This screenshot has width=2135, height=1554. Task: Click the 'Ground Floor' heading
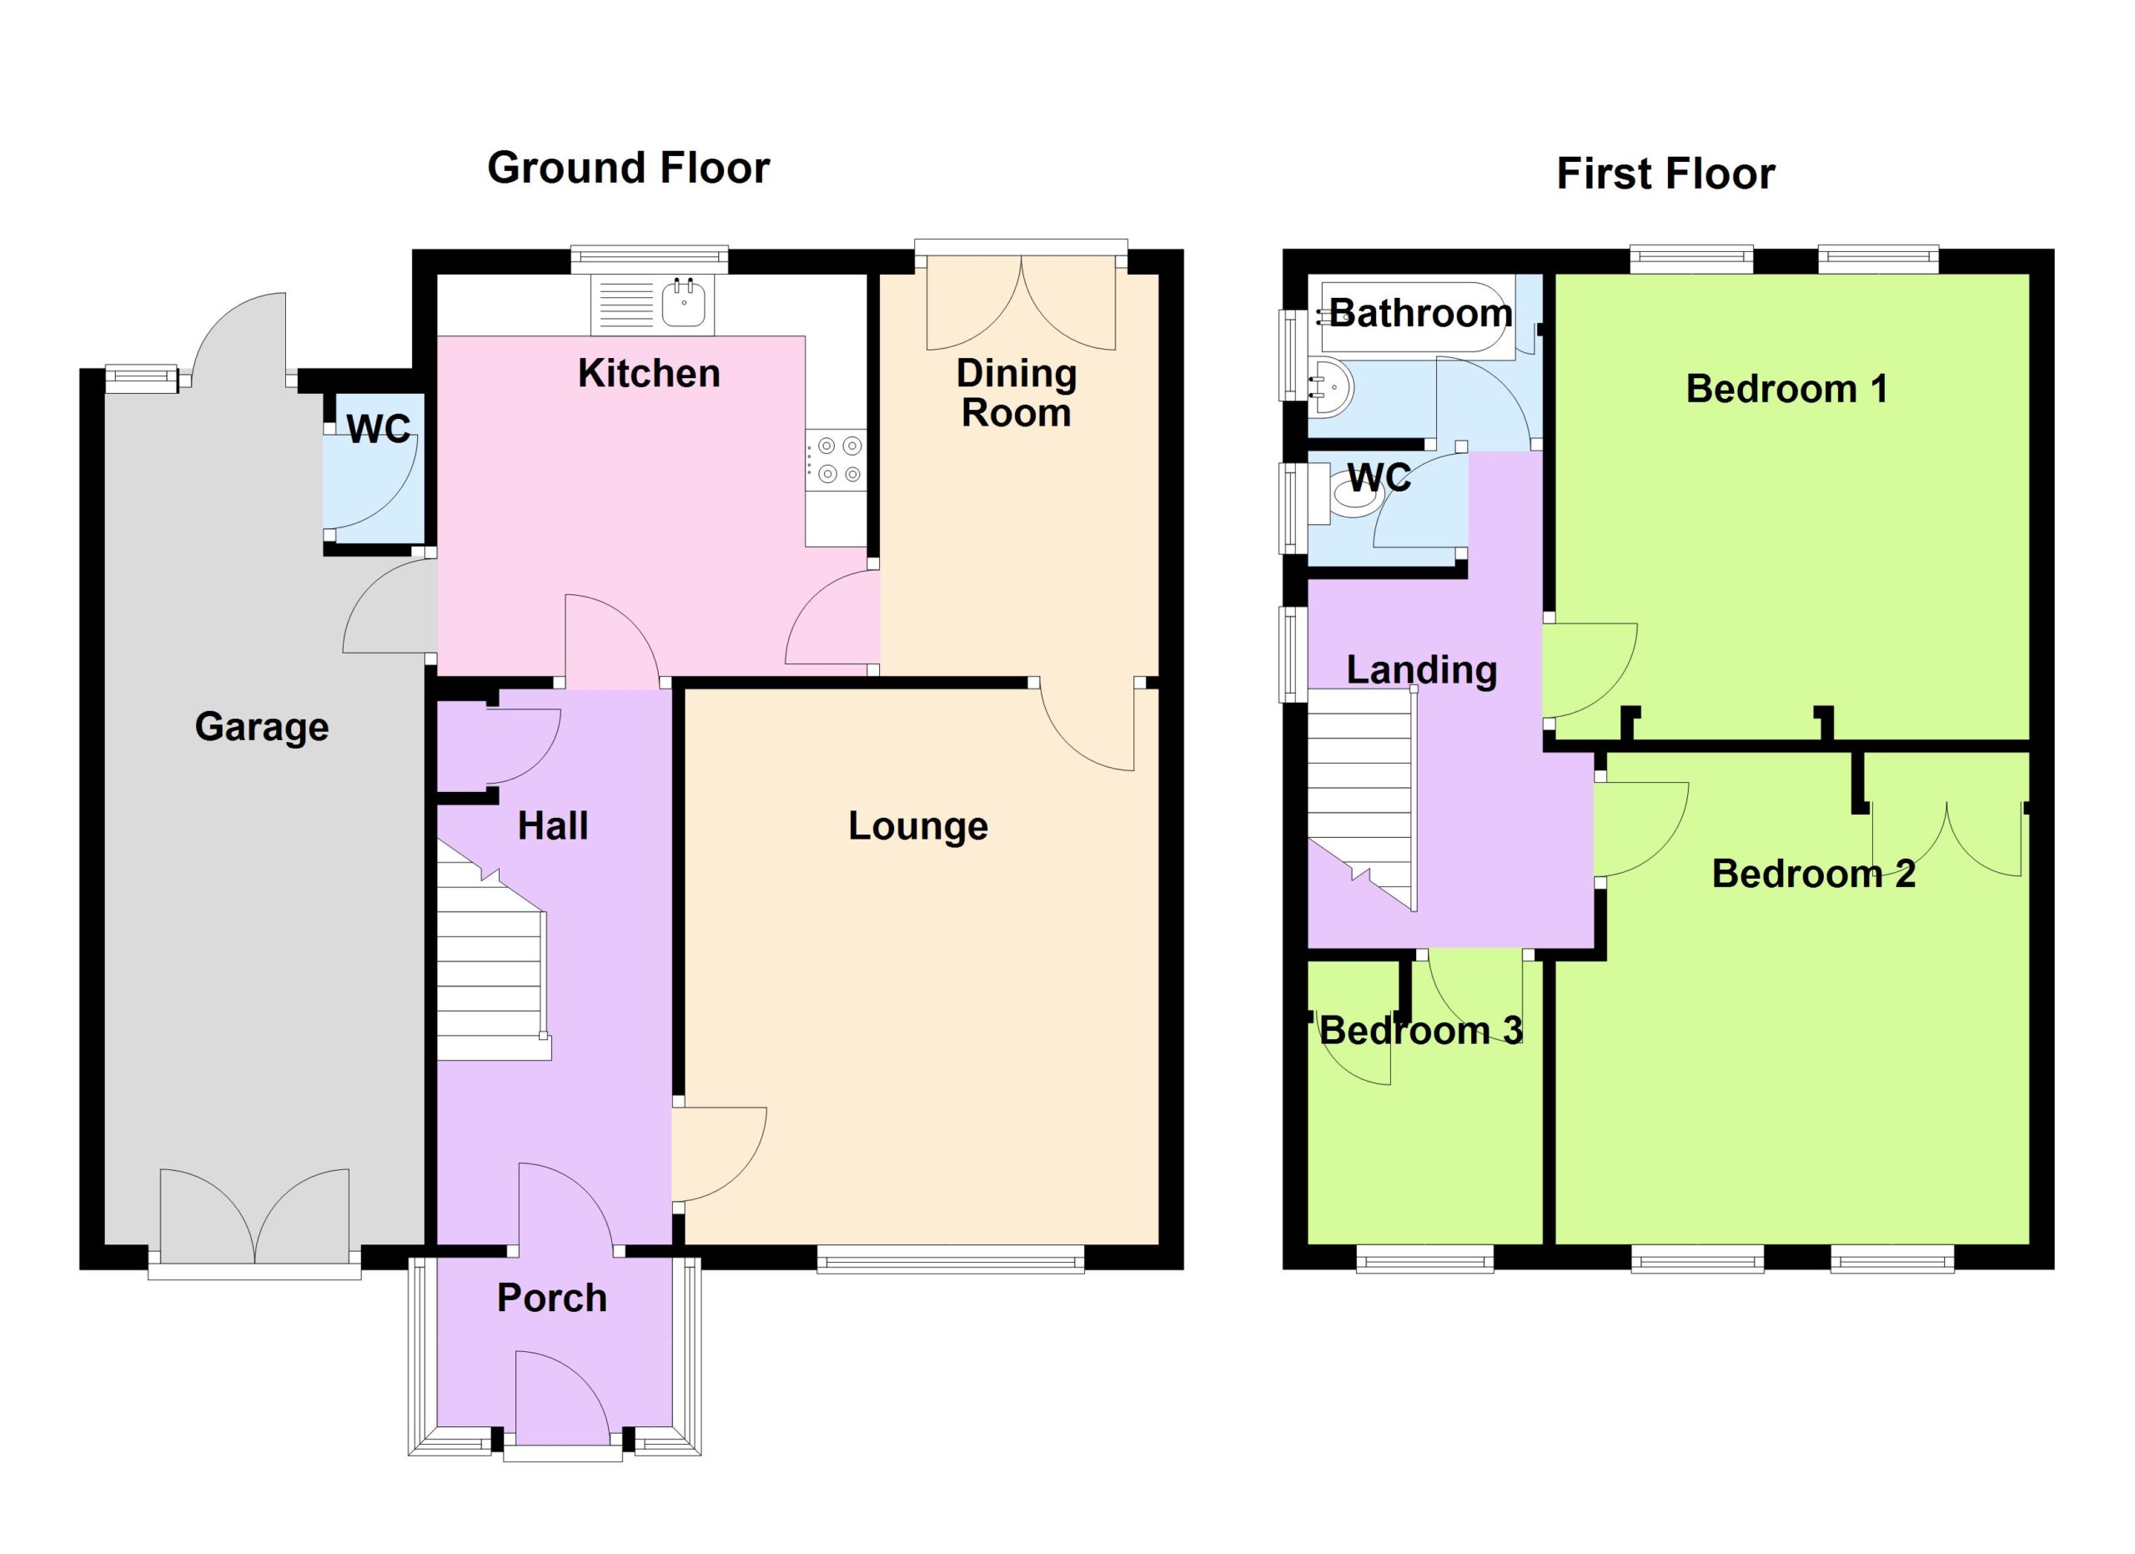tap(628, 169)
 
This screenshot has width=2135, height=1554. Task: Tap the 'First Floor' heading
tap(1665, 174)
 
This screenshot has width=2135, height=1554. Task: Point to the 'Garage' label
tap(262, 727)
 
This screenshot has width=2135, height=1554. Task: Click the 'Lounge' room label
tap(918, 826)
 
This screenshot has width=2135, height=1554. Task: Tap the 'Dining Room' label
tap(1017, 393)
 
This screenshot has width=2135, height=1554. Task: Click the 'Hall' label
tap(553, 826)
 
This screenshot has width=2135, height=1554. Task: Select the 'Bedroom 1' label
tap(1786, 389)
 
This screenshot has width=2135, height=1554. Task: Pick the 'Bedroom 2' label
tap(1813, 874)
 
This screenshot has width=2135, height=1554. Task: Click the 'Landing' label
tap(1421, 669)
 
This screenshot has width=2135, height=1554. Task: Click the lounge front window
tap(950, 1259)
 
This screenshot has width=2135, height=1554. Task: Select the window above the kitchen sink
tap(650, 257)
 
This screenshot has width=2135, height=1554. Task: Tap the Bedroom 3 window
tap(1424, 1259)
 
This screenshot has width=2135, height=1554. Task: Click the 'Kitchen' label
tap(649, 374)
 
